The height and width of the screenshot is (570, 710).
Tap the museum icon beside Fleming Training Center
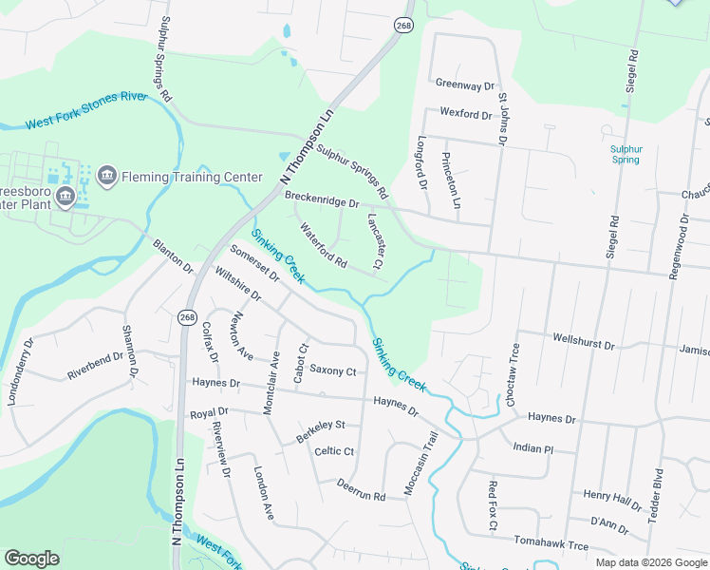pyautogui.click(x=106, y=176)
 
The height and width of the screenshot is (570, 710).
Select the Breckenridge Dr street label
pyautogui.click(x=323, y=199)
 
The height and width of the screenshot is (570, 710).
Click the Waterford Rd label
pyautogui.click(x=324, y=244)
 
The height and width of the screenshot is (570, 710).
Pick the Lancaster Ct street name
pyautogui.click(x=374, y=240)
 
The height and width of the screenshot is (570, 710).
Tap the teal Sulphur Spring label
pyautogui.click(x=626, y=154)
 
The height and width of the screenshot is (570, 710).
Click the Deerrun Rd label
pyautogui.click(x=361, y=489)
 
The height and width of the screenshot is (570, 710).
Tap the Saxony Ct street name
pyautogui.click(x=332, y=370)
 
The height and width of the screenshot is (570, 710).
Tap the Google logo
pyautogui.click(x=32, y=559)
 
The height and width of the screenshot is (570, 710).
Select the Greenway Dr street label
pyautogui.click(x=466, y=84)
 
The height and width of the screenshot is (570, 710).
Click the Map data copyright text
pyautogui.click(x=650, y=561)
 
